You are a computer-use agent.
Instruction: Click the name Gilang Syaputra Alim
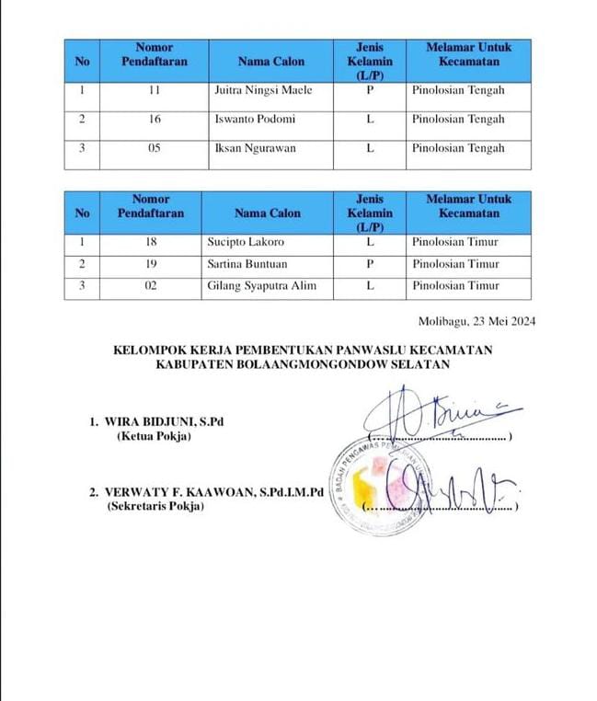point(262,286)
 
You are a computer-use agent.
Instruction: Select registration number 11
point(153,90)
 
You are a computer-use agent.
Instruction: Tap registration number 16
point(153,119)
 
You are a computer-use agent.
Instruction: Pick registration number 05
point(153,148)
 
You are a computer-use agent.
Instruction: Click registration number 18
point(151,242)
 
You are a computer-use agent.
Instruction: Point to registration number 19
point(151,264)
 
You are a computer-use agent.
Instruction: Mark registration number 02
point(151,286)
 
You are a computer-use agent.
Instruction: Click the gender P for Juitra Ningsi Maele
point(370,90)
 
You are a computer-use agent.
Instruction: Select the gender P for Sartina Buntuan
point(370,264)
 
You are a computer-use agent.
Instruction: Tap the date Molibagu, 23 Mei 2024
point(476,321)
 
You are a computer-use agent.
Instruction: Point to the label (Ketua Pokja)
point(154,436)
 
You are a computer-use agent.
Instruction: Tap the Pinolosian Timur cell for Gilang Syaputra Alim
point(455,286)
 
